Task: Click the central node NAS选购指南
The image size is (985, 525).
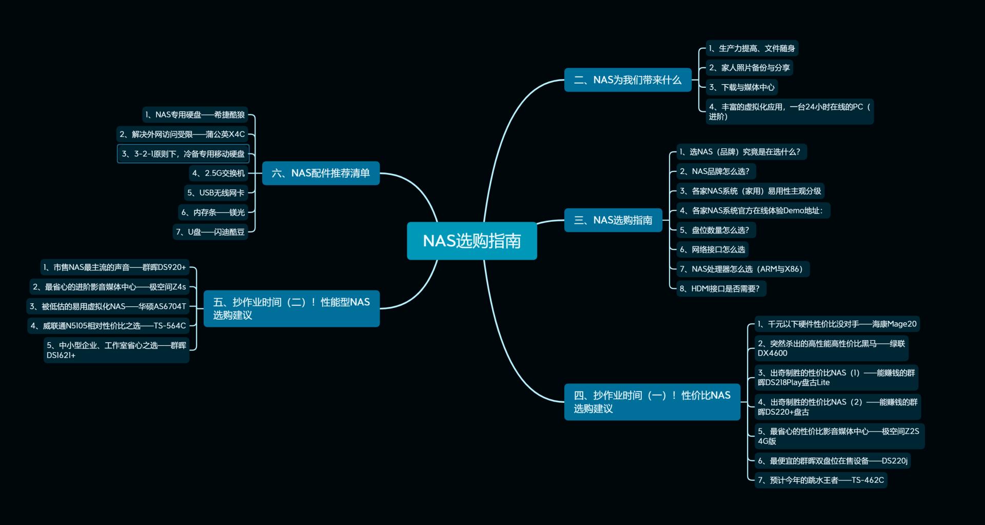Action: tap(471, 241)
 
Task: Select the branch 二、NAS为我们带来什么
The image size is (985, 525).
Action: tap(627, 80)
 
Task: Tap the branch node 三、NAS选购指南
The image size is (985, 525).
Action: tap(613, 220)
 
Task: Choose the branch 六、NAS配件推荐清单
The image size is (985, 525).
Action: tap(321, 173)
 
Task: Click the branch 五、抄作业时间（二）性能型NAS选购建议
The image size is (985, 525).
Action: tap(291, 308)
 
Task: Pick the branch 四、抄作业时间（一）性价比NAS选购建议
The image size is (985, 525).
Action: tap(652, 402)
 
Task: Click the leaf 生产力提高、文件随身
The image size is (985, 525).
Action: tap(752, 48)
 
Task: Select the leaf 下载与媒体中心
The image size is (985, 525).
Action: tap(742, 87)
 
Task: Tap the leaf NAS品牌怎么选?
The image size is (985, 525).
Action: tap(715, 171)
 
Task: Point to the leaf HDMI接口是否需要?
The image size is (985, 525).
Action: tap(720, 288)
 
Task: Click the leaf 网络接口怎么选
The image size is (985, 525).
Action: tap(713, 249)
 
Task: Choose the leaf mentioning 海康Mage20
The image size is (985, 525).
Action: tap(837, 324)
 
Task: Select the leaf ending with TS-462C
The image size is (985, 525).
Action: tap(821, 480)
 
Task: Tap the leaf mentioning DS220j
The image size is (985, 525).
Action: tap(833, 460)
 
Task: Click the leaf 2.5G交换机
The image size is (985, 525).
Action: tap(219, 173)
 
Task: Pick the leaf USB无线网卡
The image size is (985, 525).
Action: tap(216, 193)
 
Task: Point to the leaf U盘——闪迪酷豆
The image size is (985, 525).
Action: tap(210, 232)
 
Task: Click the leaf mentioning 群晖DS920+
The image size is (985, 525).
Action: tap(114, 267)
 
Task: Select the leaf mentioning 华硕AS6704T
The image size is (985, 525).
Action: tap(108, 306)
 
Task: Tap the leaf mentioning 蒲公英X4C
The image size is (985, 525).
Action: tap(182, 134)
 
